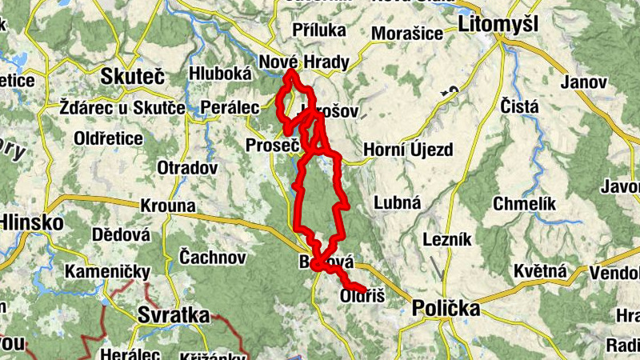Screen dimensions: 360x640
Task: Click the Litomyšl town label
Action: [498, 25]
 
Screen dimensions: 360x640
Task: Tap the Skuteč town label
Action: [133, 77]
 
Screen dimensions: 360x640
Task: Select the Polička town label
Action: [445, 309]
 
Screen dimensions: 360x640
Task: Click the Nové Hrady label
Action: [292, 60]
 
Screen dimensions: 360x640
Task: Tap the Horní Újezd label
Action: [408, 150]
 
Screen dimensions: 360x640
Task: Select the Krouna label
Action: [167, 206]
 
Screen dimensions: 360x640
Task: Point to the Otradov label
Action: [187, 168]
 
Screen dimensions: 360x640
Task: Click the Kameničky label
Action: [108, 272]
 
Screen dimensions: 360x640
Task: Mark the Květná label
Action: [540, 271]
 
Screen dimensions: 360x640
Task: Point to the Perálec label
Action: [230, 106]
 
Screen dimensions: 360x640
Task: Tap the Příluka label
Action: [319, 30]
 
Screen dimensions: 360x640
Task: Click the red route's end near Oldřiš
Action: [364, 289]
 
